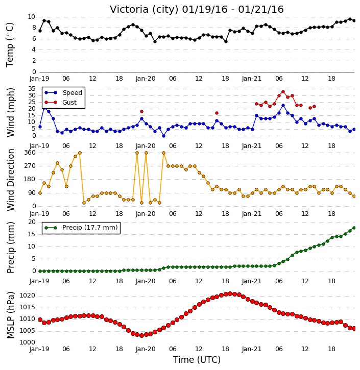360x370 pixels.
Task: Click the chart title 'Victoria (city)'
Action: [144, 10]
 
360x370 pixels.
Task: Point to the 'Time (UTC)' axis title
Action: [197, 360]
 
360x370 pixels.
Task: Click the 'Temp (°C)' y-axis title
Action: [10, 45]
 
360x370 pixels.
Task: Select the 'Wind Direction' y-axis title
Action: [11, 180]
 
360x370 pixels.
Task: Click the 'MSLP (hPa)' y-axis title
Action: [11, 315]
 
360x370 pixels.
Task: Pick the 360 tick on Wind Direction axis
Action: [30, 153]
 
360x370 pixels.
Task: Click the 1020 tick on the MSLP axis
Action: [28, 295]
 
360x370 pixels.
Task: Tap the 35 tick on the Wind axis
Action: [32, 89]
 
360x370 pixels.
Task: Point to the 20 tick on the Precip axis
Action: [32, 222]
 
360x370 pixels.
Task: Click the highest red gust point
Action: [283, 91]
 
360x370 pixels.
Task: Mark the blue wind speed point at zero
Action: [163, 136]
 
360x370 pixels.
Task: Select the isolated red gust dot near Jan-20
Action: [141, 112]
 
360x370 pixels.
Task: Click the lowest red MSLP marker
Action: [141, 335]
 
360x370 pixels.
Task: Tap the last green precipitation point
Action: [354, 228]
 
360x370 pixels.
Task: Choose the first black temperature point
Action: [40, 31]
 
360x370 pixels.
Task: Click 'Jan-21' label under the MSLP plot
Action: [252, 349]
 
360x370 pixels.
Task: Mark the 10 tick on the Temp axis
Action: [31, 17]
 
